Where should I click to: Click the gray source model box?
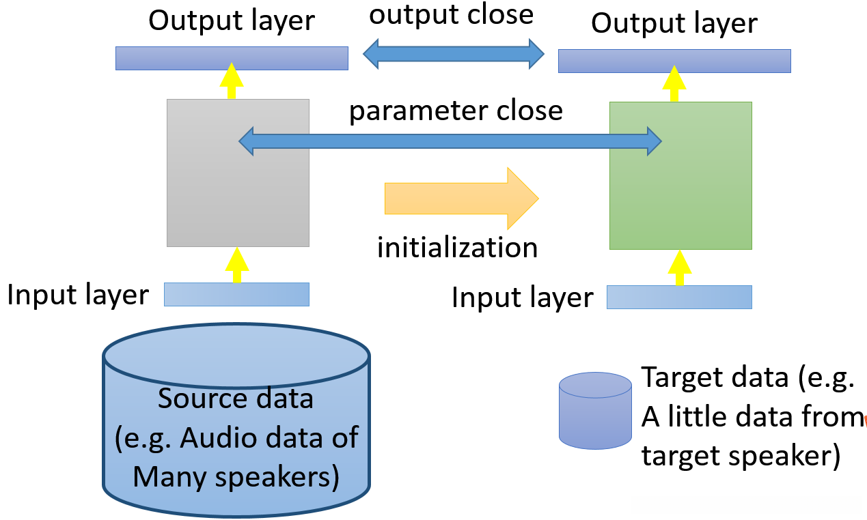click(238, 198)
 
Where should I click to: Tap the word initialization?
click(458, 246)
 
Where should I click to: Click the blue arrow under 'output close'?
click(453, 53)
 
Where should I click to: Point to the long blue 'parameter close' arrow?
click(450, 141)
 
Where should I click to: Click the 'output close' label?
click(451, 14)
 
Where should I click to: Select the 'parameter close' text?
click(456, 111)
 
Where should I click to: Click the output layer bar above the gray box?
click(232, 58)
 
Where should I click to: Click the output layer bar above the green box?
click(674, 61)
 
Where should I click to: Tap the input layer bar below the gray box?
click(236, 294)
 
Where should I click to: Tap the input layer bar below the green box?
click(679, 297)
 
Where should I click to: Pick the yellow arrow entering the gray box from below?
click(237, 265)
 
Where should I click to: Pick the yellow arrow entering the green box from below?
click(679, 268)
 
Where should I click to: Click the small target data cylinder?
click(594, 410)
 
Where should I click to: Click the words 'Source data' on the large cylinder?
click(236, 398)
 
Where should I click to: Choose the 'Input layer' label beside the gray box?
click(78, 295)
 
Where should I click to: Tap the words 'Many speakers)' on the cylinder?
click(236, 476)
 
